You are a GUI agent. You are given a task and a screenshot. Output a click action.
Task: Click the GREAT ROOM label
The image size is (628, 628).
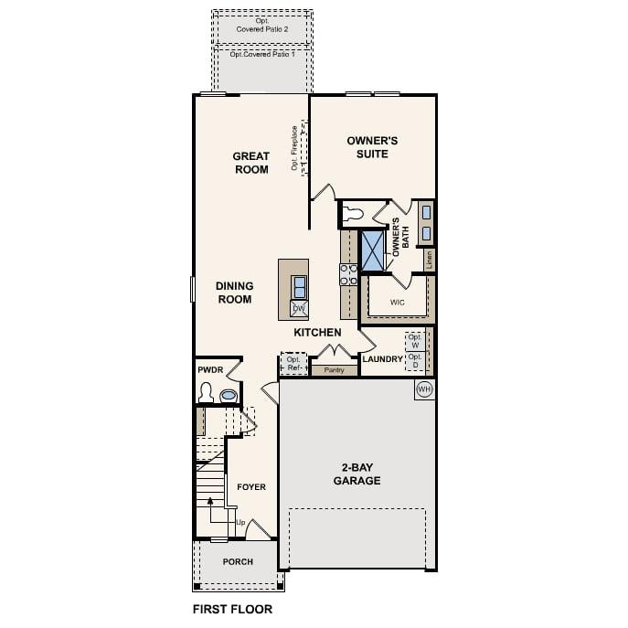click(250, 163)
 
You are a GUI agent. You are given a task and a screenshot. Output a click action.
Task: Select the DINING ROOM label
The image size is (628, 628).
click(234, 293)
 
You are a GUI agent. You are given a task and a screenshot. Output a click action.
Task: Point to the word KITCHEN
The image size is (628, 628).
click(317, 333)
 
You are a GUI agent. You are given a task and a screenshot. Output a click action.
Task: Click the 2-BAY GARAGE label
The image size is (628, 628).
click(357, 473)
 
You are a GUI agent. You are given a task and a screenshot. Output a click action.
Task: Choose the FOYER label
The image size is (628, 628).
click(251, 487)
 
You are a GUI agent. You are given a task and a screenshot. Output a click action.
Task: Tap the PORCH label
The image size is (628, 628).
click(238, 561)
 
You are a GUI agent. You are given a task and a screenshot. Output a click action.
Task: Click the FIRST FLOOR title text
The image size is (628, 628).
click(232, 608)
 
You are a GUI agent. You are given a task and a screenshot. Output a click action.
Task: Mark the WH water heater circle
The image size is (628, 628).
click(423, 389)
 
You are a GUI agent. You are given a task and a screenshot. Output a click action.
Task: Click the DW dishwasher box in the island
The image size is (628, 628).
click(299, 309)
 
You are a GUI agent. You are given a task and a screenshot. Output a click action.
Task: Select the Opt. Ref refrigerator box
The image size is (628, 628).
click(293, 364)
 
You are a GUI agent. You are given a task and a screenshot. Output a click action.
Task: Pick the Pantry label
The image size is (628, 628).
click(334, 370)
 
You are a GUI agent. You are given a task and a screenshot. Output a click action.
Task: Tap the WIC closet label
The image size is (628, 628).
click(397, 302)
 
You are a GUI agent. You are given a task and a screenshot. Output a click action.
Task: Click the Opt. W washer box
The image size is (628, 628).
click(415, 341)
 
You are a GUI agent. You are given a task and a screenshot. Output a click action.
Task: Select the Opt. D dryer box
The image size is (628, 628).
click(415, 360)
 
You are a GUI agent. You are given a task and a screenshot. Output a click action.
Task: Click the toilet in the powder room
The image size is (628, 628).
click(207, 394)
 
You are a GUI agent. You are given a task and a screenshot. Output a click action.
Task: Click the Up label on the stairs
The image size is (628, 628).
click(240, 523)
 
